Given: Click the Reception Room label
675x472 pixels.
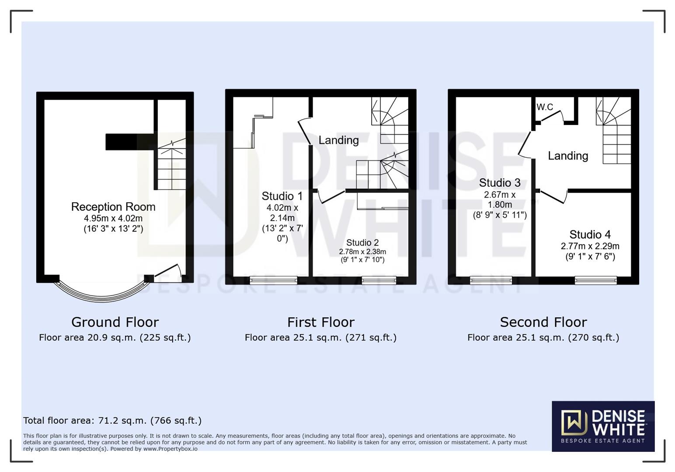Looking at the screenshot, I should coord(113,207).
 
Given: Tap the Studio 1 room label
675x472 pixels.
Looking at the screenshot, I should coord(282,196).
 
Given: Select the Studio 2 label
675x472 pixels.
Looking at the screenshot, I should coord(362,243).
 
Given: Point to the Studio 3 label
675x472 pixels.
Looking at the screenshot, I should coord(500,183).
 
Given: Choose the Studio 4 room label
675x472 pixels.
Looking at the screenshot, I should coord(590,235).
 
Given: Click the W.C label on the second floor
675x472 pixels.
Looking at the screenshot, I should coord(545,107).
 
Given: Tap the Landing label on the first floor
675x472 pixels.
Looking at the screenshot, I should coord(338,140).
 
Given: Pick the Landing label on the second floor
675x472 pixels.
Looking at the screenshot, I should coord(568,156).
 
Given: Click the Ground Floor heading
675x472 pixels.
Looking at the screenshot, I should coord(115,322).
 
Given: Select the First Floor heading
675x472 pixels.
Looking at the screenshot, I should coord(320,322).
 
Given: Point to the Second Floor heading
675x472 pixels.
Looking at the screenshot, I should coord(543,322).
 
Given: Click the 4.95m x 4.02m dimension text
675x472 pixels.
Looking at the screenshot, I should coord(113,218).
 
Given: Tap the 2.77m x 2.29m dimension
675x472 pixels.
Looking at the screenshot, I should coord(590,246).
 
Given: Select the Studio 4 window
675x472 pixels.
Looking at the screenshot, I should coord(595,280).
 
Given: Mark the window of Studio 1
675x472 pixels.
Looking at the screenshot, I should coord(273,280).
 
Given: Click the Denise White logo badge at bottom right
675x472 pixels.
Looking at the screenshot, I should coord(603,426).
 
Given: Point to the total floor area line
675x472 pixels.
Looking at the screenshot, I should coord(112,420).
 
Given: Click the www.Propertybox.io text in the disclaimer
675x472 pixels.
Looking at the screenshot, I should coord(170,449).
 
